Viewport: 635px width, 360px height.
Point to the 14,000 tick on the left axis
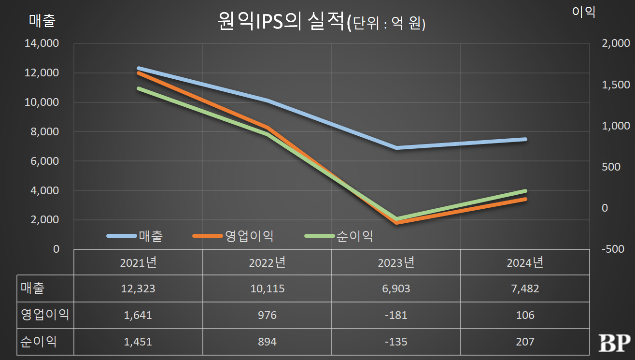tap(42, 43)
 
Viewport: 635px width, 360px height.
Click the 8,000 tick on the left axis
tap(45, 131)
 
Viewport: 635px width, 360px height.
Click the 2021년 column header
tap(138, 262)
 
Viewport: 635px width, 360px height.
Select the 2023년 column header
tap(396, 262)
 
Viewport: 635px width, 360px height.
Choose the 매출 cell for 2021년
tap(138, 288)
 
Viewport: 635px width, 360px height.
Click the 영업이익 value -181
tap(396, 315)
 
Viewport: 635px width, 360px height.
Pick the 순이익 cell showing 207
tap(525, 342)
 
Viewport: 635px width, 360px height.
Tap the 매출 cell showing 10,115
tap(267, 288)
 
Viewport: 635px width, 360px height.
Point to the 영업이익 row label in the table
tap(45, 315)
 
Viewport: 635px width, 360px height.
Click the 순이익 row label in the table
tap(39, 342)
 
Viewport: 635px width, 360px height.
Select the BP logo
tap(614, 342)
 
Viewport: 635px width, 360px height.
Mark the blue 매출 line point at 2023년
tap(396, 147)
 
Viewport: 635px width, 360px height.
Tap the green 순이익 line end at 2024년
tap(525, 191)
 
